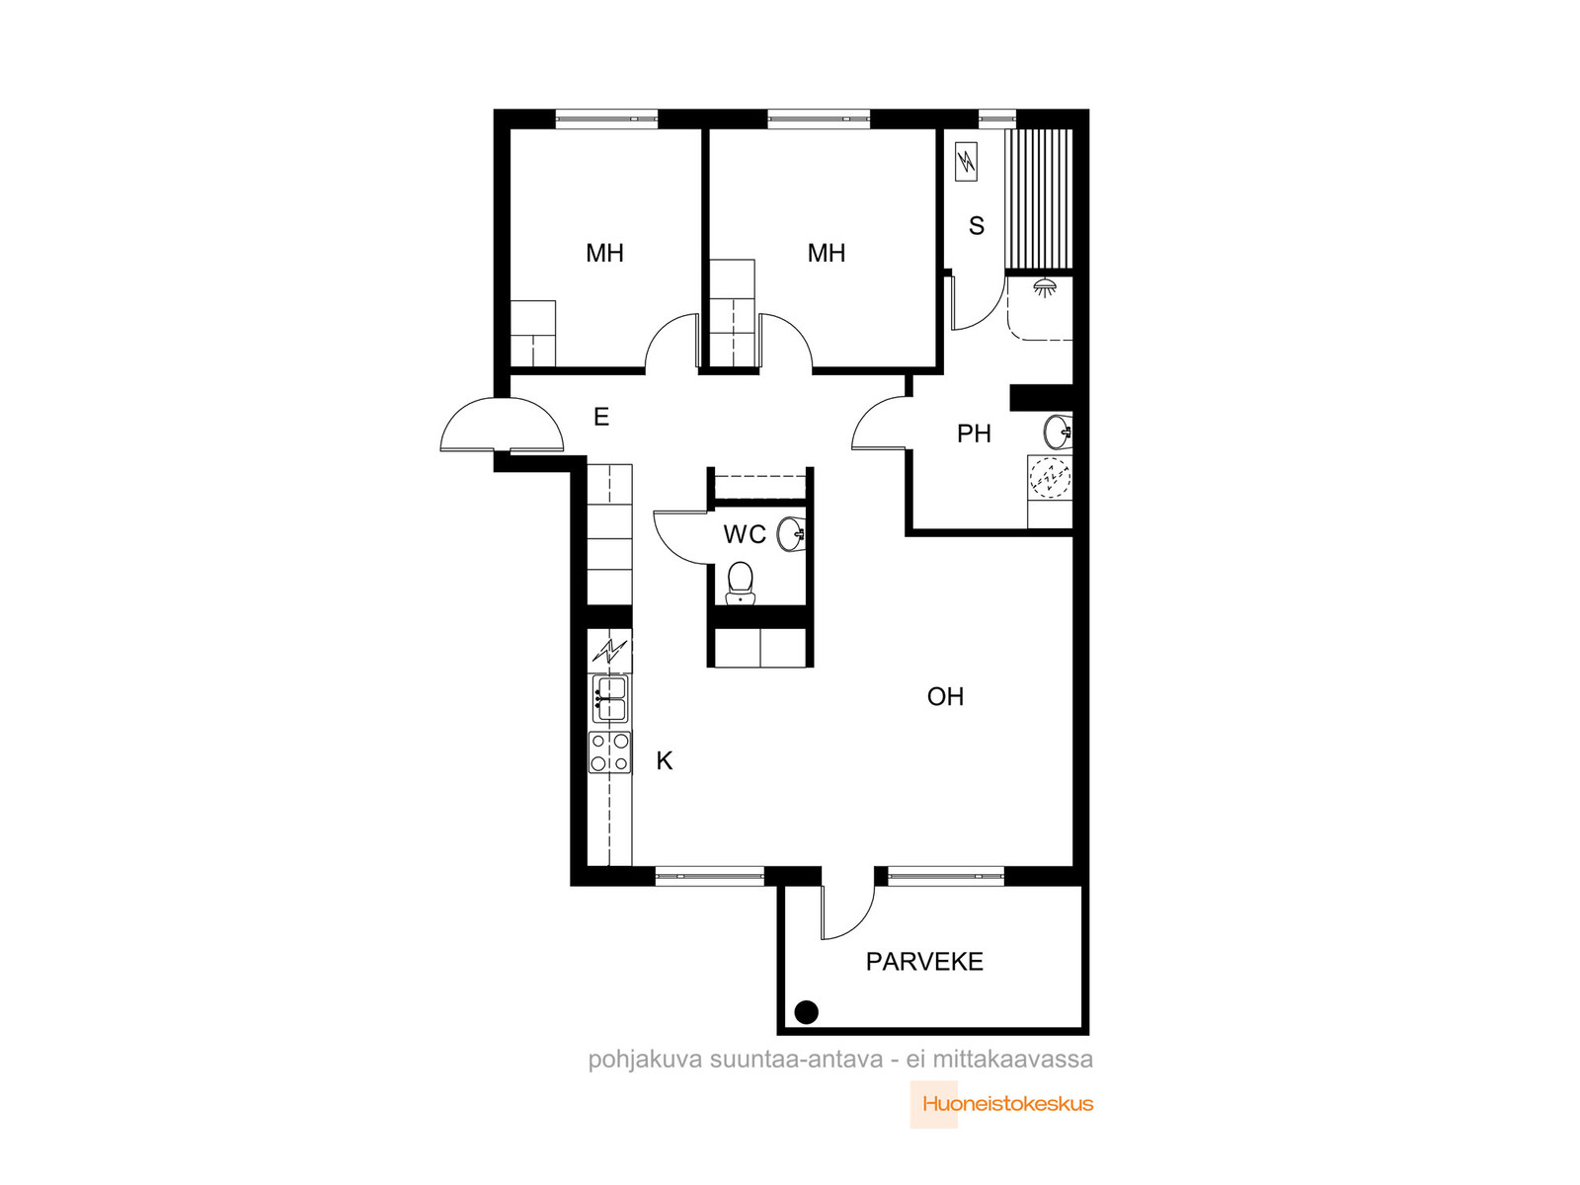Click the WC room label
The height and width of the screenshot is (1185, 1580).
[745, 534]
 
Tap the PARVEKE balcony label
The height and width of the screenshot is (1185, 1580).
[924, 961]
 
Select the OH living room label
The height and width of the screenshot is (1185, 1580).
[945, 696]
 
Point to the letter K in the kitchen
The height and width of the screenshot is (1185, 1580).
[664, 760]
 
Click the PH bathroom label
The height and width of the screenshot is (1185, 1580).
[974, 434]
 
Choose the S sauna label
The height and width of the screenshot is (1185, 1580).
[976, 226]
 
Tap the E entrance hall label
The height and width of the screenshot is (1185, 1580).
[601, 417]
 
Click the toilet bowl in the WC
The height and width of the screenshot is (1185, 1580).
[740, 584]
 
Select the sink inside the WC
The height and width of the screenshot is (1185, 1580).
[791, 534]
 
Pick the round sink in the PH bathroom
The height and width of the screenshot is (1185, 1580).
[1059, 433]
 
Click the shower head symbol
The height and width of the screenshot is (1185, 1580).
[1045, 287]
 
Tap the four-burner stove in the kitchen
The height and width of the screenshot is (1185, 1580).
[609, 752]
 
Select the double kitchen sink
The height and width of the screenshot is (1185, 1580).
[609, 698]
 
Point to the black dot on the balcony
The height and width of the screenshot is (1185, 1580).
[806, 1012]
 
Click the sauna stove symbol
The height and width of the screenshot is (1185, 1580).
[966, 162]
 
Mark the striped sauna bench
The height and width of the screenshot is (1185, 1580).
[1039, 199]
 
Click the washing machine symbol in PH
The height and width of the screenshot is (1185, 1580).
[1051, 477]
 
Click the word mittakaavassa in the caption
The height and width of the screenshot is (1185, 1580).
[1013, 1059]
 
